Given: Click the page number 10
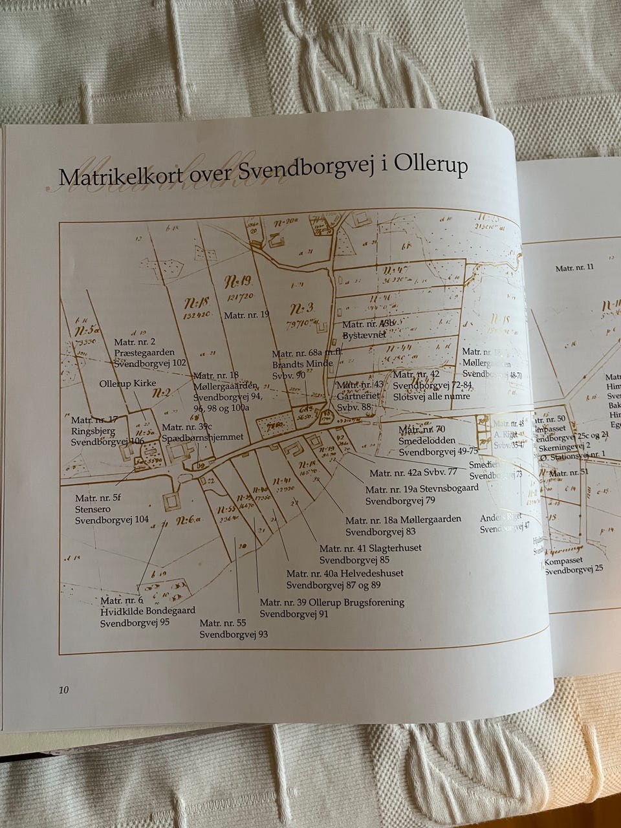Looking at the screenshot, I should click(63, 690).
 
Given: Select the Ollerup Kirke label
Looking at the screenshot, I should click(127, 384).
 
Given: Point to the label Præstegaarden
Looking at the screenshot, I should click(144, 353).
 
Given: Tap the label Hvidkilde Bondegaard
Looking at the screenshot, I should click(147, 610).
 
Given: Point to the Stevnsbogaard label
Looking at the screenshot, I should click(446, 488).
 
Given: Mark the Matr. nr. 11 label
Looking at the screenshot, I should click(574, 267).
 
